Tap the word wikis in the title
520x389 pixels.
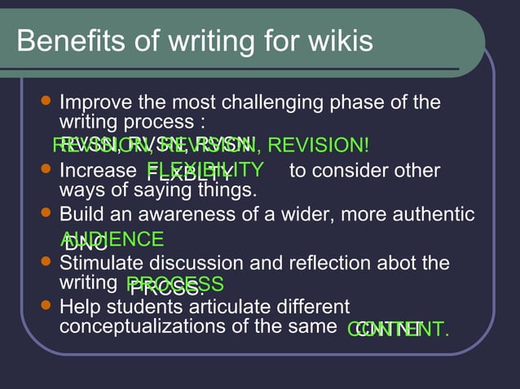333,41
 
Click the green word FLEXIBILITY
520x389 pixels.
205,170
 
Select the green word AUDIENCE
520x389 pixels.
112,239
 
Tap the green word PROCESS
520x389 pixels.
175,284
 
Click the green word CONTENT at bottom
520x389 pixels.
399,330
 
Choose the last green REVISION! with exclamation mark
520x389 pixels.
318,146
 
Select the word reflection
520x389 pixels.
329,264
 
